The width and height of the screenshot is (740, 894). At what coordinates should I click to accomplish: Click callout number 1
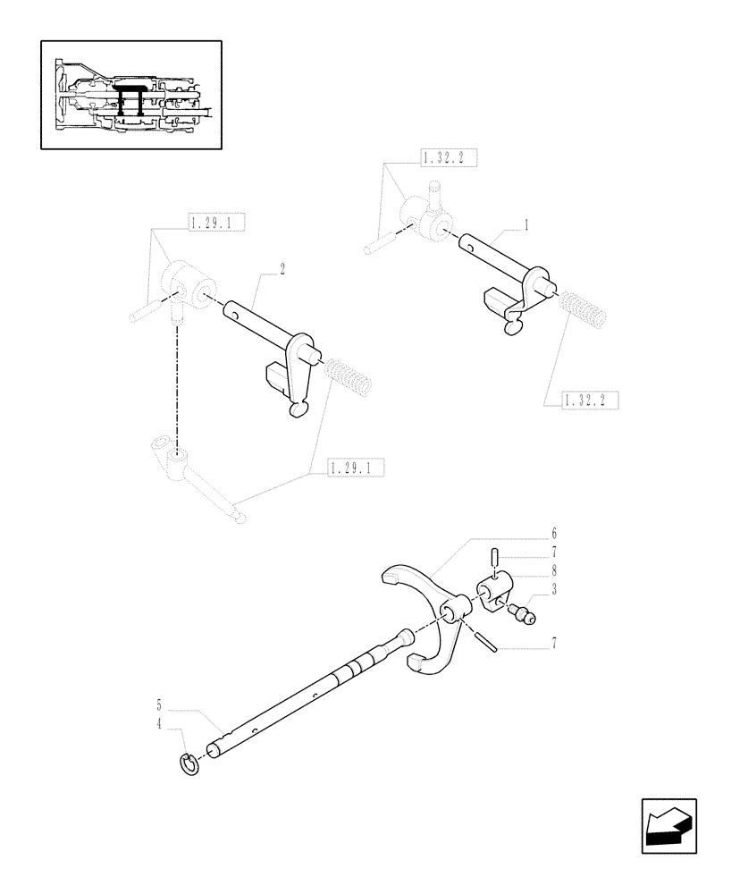click(x=526, y=226)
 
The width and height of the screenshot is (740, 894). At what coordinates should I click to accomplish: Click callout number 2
click(x=282, y=269)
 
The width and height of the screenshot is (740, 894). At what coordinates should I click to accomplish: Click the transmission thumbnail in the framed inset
click(x=131, y=96)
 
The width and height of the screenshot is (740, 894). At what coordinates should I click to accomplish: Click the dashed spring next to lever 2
click(x=349, y=375)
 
